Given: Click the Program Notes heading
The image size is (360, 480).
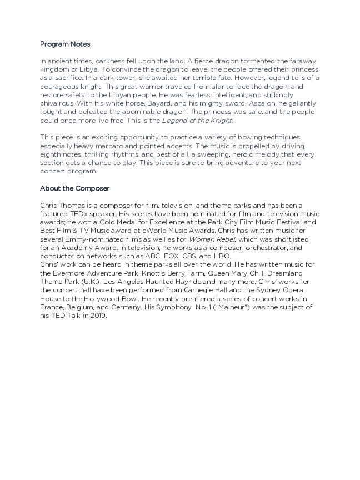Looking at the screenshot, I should (x=65, y=44).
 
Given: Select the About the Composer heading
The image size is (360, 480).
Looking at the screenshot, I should (x=74, y=188).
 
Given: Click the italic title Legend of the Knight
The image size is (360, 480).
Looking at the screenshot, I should (x=197, y=121).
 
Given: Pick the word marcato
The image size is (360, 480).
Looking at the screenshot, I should (x=106, y=145).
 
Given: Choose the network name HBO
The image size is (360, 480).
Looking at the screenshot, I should (x=222, y=256).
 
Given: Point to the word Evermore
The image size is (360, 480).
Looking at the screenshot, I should (x=71, y=273).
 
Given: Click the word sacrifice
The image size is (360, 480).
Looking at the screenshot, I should (x=63, y=78).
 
